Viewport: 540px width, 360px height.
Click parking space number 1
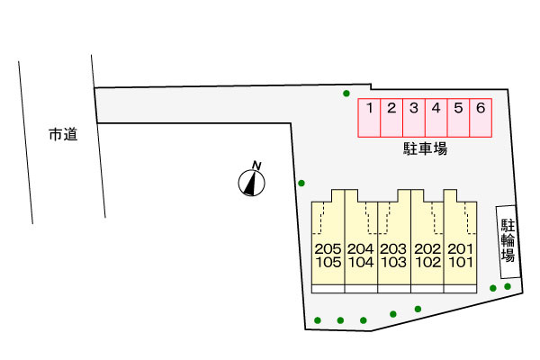click(x=369, y=118)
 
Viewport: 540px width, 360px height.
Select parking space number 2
click(x=391, y=118)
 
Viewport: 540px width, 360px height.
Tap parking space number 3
click(x=414, y=118)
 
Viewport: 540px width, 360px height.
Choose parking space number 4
click(x=436, y=118)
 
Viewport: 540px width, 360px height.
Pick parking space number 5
click(x=458, y=118)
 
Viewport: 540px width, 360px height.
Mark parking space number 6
click(x=481, y=118)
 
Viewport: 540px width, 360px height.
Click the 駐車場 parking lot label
click(x=426, y=148)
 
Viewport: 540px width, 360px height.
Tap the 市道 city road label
click(x=63, y=134)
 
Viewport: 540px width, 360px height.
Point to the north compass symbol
click(x=252, y=183)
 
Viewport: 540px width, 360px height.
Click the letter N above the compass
click(x=256, y=166)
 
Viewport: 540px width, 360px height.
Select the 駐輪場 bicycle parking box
click(x=508, y=242)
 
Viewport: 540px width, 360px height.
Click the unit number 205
click(x=328, y=248)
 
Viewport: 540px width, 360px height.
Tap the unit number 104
click(x=361, y=263)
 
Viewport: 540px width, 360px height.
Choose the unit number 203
click(x=393, y=248)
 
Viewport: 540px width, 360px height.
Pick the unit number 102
click(x=427, y=263)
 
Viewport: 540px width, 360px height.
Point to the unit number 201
click(x=461, y=248)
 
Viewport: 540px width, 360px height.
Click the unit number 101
click(x=461, y=263)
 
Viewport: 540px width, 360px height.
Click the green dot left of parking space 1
click(x=346, y=94)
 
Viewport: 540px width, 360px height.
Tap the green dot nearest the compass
click(x=301, y=183)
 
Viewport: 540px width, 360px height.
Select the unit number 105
click(x=328, y=263)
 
